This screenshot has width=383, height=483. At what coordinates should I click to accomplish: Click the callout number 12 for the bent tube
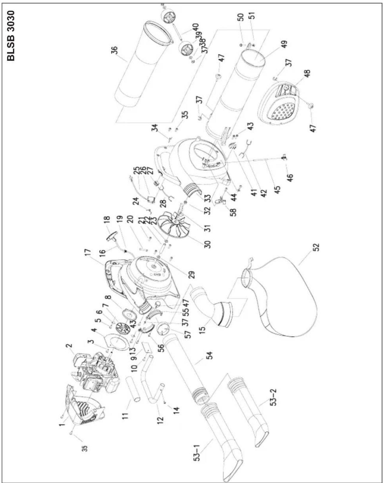(161, 418)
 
